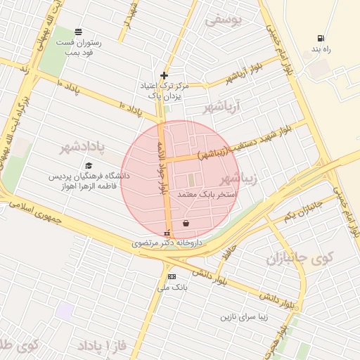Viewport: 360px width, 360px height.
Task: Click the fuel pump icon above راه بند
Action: (x=321, y=38)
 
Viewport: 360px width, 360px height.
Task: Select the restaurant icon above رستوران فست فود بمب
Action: (x=77, y=31)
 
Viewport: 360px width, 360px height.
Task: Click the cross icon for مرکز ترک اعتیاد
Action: (x=165, y=75)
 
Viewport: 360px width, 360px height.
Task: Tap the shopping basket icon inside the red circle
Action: (x=186, y=224)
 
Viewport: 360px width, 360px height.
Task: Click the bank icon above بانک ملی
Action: (x=172, y=277)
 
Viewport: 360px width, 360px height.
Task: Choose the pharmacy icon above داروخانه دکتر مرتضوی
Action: (x=167, y=233)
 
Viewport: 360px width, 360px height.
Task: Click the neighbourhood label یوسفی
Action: (x=223, y=20)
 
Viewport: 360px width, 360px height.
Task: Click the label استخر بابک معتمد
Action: (x=207, y=193)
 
